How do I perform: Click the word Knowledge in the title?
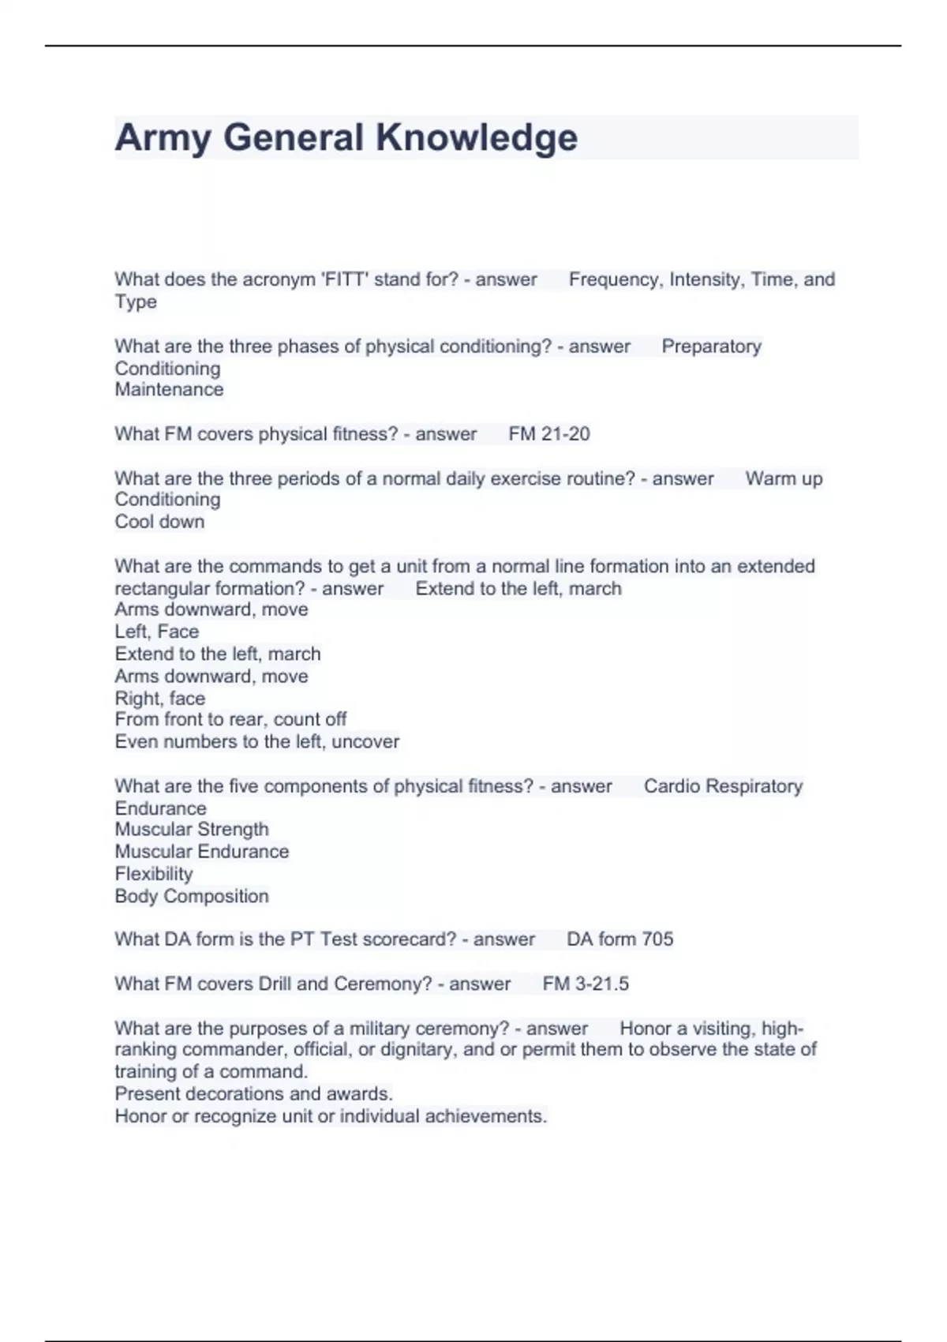point(477,138)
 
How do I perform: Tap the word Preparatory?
point(711,347)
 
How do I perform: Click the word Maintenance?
point(169,390)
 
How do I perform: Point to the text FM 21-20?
point(549,434)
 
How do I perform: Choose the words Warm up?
point(784,479)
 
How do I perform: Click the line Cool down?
point(159,522)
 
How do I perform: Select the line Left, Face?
point(156,632)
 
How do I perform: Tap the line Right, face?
point(159,699)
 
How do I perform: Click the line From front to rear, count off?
point(230,719)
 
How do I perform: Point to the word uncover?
point(365,742)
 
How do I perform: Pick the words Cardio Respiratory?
point(723,786)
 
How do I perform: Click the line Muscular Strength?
point(192,830)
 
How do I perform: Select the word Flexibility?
point(154,874)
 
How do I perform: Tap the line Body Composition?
point(192,897)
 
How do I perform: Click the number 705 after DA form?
point(657,939)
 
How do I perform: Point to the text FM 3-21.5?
point(586,984)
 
